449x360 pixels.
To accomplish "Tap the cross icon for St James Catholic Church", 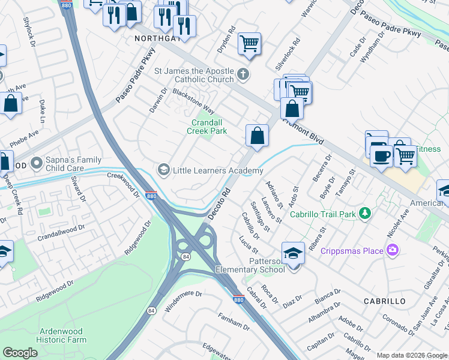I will click(243, 75).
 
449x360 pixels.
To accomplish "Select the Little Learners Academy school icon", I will click(163, 170).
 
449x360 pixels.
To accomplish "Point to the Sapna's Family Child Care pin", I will click(37, 163).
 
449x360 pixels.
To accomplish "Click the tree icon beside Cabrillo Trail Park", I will click(364, 214).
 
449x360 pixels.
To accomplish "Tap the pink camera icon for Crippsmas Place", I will click(393, 250).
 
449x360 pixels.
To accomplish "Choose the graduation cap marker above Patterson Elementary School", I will click(293, 253).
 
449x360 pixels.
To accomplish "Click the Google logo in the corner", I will click(20, 353).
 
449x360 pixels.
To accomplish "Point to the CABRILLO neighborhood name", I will click(384, 301).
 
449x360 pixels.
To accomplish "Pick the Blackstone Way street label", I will click(193, 101).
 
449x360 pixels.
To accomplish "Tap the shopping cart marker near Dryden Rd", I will click(249, 43).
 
